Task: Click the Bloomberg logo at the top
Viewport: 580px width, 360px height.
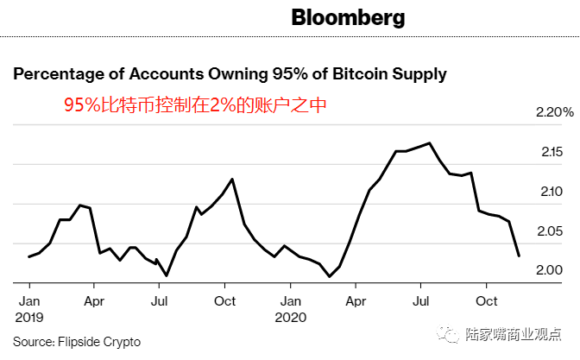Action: coord(348,17)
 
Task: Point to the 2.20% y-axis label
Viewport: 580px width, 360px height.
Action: coord(555,113)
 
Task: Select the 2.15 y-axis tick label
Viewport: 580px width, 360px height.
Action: coord(552,152)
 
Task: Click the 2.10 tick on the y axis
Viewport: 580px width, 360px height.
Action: coord(552,192)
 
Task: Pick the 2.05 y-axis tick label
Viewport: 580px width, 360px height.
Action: coord(552,231)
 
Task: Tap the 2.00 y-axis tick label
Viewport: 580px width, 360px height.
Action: coord(552,270)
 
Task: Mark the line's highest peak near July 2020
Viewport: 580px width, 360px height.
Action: coord(429,142)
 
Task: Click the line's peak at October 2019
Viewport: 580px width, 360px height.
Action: coord(232,179)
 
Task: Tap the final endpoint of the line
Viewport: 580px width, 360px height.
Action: coord(519,256)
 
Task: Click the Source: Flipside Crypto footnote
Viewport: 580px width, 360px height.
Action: coord(77,341)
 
